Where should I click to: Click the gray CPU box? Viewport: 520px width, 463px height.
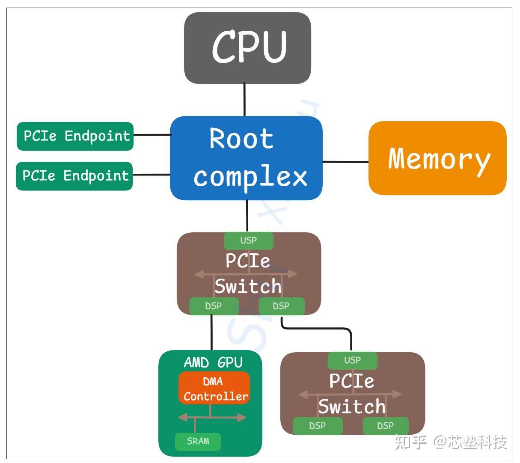click(247, 48)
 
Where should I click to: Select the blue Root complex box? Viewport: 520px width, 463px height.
click(246, 158)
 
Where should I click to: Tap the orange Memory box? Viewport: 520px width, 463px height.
click(437, 158)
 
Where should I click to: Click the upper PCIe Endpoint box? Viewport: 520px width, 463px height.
click(75, 137)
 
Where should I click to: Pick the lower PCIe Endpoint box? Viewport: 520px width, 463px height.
click(74, 176)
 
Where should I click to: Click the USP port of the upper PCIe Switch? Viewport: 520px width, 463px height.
click(249, 241)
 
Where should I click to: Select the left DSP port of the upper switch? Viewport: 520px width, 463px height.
click(214, 306)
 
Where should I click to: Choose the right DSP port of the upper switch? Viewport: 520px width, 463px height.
click(282, 306)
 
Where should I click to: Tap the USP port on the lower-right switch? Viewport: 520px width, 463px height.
click(352, 361)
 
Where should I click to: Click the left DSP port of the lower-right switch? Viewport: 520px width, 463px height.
click(318, 426)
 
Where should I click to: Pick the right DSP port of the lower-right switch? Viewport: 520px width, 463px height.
click(386, 426)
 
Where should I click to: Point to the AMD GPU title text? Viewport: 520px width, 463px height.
click(213, 362)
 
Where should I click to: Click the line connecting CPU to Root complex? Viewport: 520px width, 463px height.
click(244, 100)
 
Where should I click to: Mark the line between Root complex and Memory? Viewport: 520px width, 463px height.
click(345, 162)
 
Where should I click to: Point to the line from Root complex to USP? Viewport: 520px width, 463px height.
click(247, 216)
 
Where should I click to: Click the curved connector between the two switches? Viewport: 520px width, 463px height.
click(317, 329)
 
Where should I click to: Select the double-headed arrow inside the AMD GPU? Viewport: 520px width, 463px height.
click(212, 417)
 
